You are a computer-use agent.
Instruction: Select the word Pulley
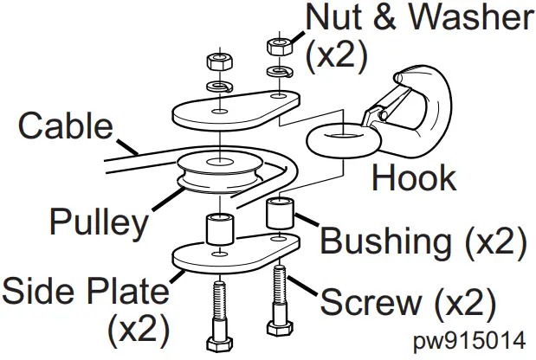(x=99, y=222)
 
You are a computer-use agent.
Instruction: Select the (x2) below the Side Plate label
(x=139, y=330)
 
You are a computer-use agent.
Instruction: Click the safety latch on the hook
(x=382, y=113)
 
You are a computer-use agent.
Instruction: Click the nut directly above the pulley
(x=216, y=62)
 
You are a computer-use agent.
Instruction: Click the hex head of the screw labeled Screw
(x=277, y=330)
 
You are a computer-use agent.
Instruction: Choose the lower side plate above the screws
(x=229, y=253)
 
